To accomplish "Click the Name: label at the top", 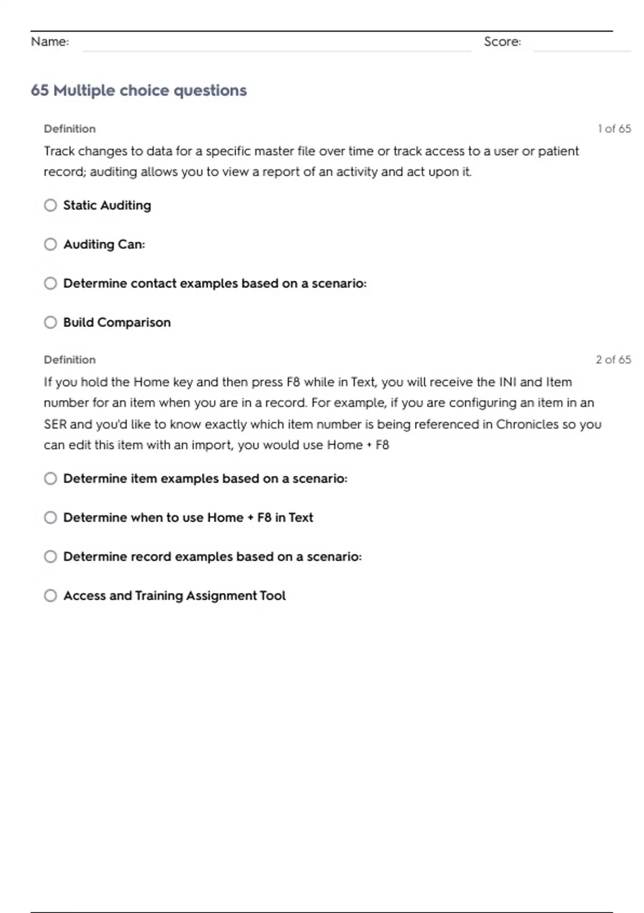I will tap(50, 41).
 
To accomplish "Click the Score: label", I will tap(502, 41).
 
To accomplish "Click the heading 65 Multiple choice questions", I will tap(138, 90).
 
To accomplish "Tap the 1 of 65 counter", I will tap(614, 129).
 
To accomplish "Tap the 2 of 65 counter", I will tap(613, 360).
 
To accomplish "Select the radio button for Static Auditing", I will tap(50, 205).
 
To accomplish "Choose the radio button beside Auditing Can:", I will tap(50, 244).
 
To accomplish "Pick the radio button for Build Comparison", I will tap(50, 322).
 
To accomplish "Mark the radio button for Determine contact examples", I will tap(50, 283).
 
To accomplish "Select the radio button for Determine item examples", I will tap(50, 479).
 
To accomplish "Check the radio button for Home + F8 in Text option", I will tap(50, 517).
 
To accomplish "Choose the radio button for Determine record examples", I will tap(50, 556).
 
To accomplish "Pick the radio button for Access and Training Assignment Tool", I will tap(50, 596).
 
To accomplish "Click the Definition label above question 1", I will tap(70, 129).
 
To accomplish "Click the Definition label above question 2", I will tap(70, 360).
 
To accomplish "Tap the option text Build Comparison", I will tap(117, 322).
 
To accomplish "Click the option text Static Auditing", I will tap(107, 205).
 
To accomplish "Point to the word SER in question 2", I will tap(55, 424).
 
